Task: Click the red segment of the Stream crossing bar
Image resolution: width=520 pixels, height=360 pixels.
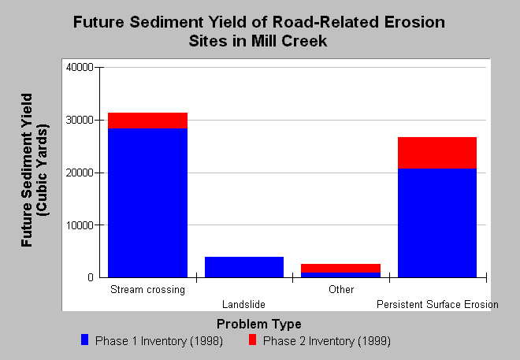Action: (x=147, y=121)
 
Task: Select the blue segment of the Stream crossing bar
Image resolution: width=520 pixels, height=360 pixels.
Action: (x=147, y=203)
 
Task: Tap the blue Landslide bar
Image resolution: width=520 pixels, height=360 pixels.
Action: (x=244, y=267)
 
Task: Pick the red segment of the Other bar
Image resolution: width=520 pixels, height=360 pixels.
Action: (x=340, y=268)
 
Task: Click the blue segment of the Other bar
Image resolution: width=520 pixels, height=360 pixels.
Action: (x=340, y=275)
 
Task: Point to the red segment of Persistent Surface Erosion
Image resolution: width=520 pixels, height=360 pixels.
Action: (x=437, y=153)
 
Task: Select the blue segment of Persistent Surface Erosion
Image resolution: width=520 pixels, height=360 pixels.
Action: (x=437, y=223)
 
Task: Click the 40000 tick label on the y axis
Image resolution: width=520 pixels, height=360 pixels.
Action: (x=80, y=67)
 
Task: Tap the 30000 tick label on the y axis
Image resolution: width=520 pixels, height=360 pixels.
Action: (x=80, y=120)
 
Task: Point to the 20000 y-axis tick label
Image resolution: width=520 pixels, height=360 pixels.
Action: (x=80, y=173)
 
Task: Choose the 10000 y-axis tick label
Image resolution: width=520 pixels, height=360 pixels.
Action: (x=80, y=225)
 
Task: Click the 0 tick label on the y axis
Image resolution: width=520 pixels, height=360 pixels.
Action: (x=91, y=277)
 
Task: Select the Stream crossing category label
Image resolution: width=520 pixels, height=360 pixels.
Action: (x=147, y=290)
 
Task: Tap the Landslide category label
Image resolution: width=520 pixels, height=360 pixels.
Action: (x=243, y=304)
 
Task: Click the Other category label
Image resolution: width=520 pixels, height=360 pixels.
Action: (x=341, y=289)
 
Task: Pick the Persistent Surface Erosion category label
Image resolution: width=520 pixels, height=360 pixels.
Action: (x=437, y=304)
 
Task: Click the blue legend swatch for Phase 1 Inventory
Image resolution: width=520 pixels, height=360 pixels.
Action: (x=85, y=340)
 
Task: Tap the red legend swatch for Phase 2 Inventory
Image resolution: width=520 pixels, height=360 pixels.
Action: (x=252, y=340)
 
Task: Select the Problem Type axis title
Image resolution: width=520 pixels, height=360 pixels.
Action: (x=259, y=324)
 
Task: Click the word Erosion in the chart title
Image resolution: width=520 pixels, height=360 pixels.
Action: (x=414, y=22)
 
